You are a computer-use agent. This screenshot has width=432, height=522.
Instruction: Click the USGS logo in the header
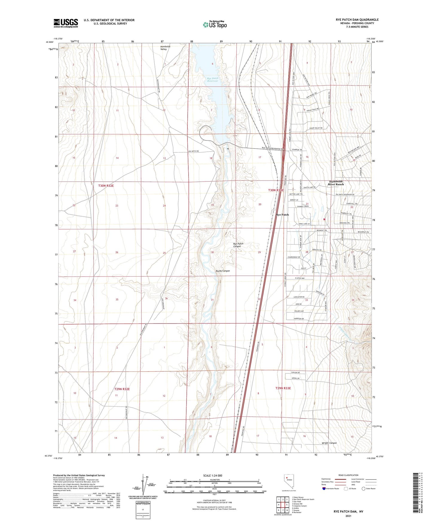66,23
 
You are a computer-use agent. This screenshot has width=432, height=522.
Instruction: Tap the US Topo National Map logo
215,25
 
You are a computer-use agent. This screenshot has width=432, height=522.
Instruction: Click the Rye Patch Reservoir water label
213,80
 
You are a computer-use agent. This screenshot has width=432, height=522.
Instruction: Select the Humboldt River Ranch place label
336,183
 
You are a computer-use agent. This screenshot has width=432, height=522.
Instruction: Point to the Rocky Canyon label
223,271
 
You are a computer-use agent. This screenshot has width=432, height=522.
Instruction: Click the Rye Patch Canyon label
238,245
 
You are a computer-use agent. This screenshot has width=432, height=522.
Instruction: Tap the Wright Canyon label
329,443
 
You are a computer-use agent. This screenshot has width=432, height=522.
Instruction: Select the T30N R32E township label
106,186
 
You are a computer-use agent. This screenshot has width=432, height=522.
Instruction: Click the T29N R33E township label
283,388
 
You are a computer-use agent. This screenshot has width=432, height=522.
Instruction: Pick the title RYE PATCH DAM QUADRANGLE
357,20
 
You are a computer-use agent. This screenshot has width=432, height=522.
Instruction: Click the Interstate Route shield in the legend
324,489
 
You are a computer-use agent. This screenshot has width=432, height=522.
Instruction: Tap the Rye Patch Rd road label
193,151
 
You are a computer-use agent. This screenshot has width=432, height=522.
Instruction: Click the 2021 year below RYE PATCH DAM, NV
348,516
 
